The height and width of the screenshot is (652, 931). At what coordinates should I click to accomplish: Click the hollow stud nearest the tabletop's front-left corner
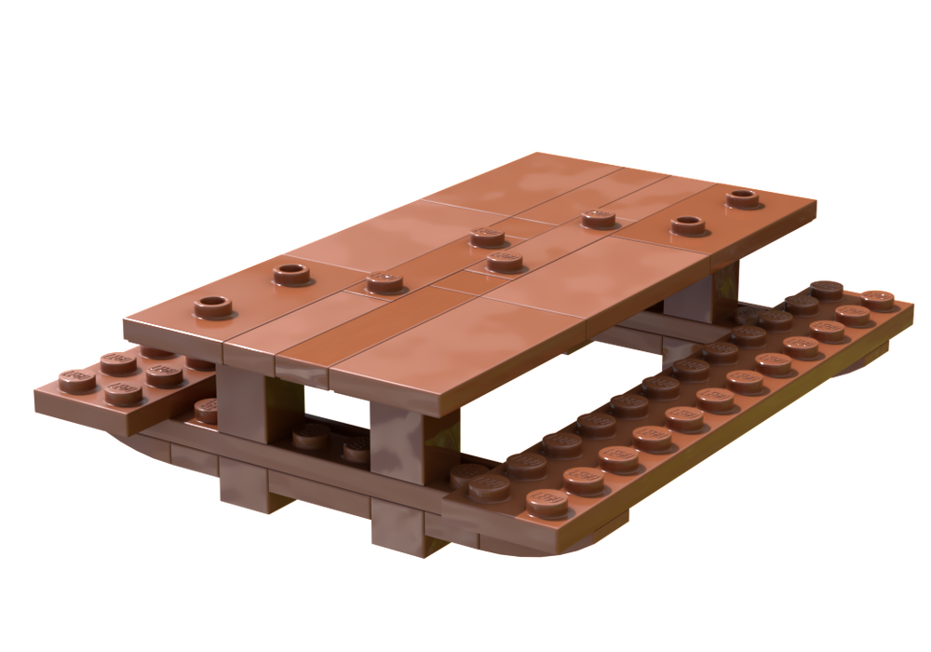coord(214,305)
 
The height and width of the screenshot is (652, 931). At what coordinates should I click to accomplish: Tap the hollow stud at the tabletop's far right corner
coord(742,197)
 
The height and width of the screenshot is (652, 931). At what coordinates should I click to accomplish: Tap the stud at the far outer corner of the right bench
coord(878,298)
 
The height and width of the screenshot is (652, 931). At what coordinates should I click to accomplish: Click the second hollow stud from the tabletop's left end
coord(291,273)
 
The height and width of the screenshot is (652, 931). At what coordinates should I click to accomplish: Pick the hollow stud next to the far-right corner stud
coord(687,224)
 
